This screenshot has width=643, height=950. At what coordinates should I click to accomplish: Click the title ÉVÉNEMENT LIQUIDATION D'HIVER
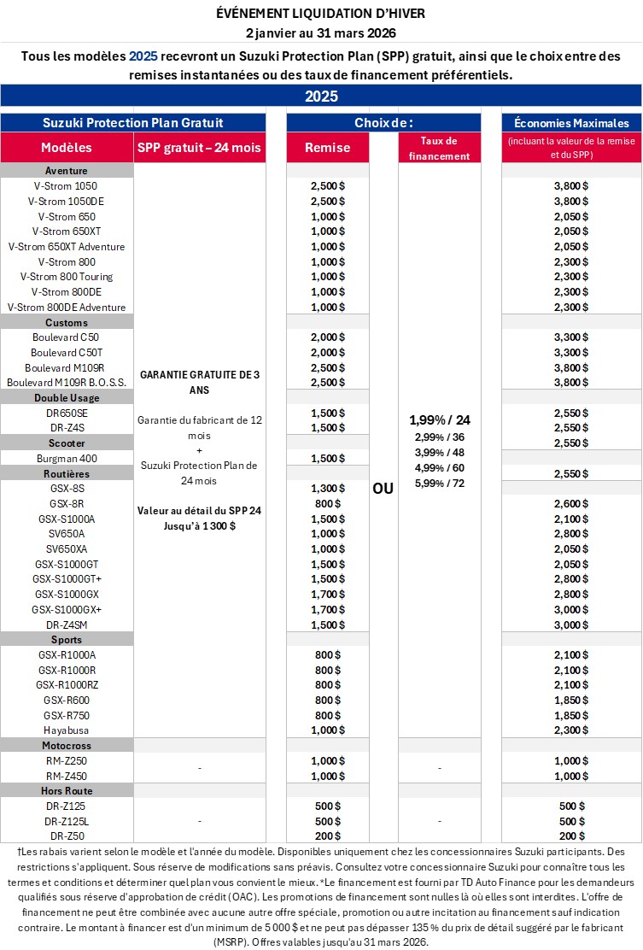pos(321,14)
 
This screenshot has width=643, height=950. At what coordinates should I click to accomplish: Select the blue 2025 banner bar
pos(321,96)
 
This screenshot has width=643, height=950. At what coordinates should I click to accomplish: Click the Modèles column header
pos(67,147)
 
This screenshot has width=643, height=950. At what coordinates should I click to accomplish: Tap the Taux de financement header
pos(439,148)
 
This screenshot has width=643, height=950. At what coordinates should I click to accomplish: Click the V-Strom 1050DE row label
pos(67,201)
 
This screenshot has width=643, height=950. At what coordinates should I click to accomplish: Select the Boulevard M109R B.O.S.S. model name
pos(67,382)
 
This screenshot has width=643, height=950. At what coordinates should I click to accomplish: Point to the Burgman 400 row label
pos(67,458)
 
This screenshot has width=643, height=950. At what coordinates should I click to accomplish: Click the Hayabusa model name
pos(67,730)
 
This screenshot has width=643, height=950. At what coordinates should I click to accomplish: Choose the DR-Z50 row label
pos(67,836)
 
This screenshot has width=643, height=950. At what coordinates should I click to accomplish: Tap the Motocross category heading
pos(67,746)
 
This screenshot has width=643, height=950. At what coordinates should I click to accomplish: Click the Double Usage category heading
pos(67,397)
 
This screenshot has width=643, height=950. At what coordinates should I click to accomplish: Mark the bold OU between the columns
pos(383,490)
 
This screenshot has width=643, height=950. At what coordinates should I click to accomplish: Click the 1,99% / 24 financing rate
pos(439,419)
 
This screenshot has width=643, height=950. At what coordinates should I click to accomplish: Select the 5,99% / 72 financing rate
pos(439,483)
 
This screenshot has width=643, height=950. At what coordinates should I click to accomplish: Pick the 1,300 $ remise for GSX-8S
pos(327,488)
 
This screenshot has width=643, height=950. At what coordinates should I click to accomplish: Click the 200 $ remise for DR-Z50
pos(327,836)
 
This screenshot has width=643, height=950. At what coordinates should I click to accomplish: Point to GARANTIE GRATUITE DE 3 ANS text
pos(199,382)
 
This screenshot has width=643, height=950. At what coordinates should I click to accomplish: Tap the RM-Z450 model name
pos(67,776)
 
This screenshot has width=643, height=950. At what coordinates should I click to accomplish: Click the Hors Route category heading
pos(67,791)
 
